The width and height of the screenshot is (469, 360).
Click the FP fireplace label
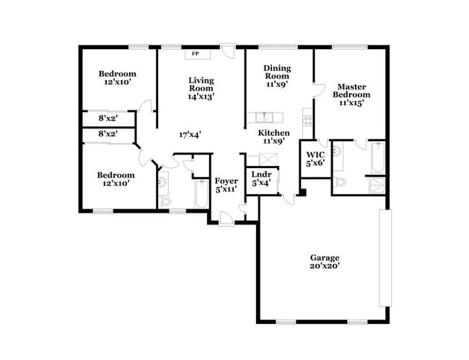pos(196,54)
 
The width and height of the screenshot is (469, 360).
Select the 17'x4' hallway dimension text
pos(190,134)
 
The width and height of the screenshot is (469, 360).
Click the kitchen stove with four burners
pos(307,118)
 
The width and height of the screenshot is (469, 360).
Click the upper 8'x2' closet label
pos(108,118)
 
